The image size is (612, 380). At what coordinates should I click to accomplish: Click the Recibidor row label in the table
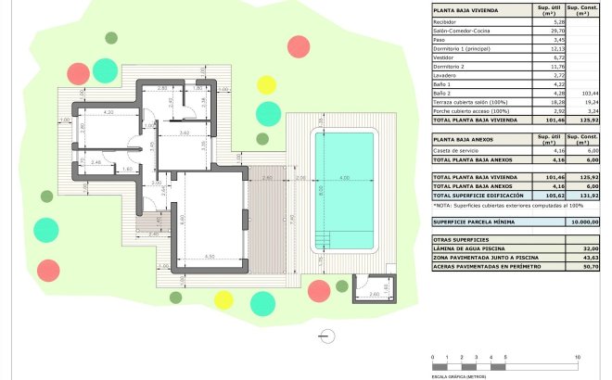click(x=448, y=22)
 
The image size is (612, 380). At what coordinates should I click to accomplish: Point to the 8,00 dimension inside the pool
click(x=321, y=189)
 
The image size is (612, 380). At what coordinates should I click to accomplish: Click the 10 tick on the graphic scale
click(x=577, y=357)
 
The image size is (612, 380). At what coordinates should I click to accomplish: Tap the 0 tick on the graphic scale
click(x=433, y=357)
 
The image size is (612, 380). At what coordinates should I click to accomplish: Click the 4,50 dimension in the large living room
click(x=210, y=257)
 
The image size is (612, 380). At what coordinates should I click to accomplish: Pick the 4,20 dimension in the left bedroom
click(x=108, y=113)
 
